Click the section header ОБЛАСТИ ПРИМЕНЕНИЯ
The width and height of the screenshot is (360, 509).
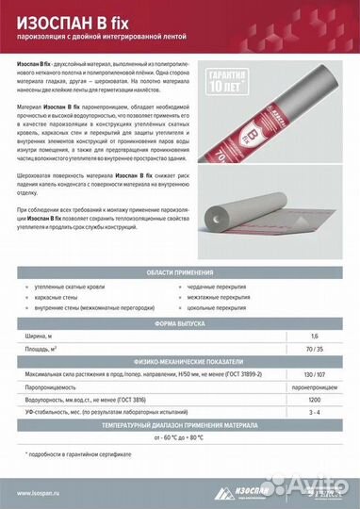[x=179, y=272]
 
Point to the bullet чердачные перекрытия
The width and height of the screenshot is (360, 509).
[x=222, y=286]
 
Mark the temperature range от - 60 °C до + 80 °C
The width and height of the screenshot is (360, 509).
[x=179, y=438]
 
